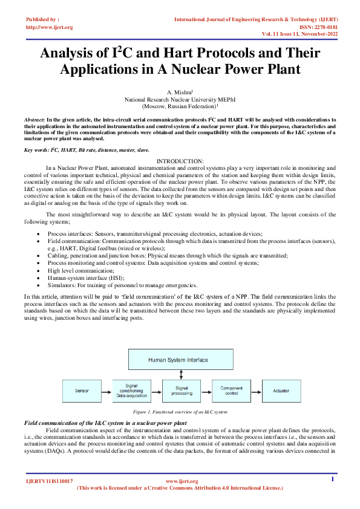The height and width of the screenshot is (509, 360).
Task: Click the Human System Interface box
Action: point(178,360)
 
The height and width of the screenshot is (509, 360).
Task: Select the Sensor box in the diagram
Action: point(82,391)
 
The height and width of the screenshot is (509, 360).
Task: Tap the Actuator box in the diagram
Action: point(281,391)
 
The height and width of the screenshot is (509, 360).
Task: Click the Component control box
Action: point(231,391)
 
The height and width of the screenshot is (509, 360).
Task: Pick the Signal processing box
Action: point(182,391)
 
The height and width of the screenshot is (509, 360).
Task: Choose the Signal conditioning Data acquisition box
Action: point(131,391)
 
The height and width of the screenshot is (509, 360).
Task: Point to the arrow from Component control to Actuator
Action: point(256,391)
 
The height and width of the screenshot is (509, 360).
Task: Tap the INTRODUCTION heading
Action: point(180,160)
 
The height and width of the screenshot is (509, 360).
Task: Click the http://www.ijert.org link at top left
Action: point(49,27)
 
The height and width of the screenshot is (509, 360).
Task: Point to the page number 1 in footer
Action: point(332,479)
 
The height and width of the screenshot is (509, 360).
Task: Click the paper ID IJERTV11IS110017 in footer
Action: point(49,481)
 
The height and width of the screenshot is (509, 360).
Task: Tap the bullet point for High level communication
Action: point(41,271)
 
